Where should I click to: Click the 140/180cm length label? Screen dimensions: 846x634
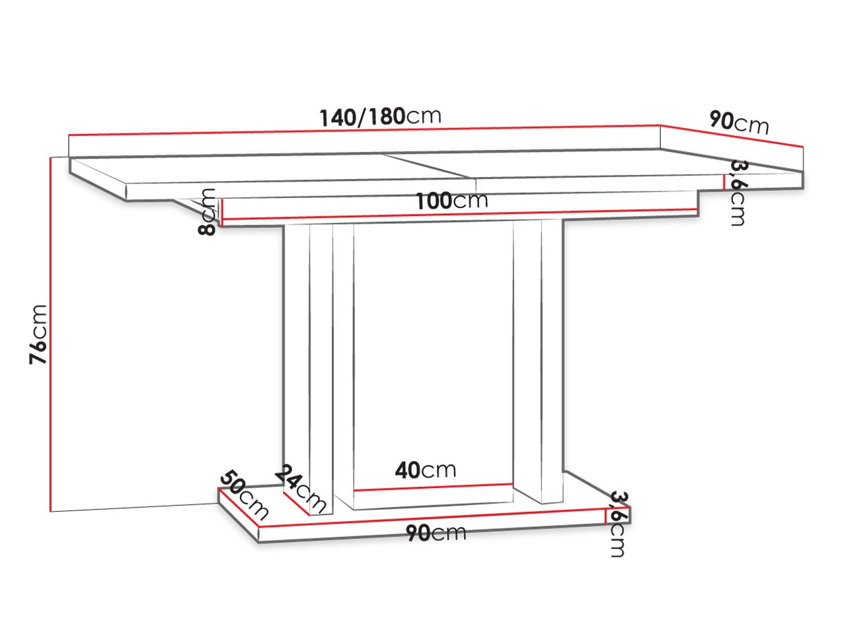pos(380,117)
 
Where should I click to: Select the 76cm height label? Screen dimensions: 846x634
pos(38,334)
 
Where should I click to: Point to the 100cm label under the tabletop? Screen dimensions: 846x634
pos(451,201)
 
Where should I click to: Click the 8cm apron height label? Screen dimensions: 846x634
pos(206,211)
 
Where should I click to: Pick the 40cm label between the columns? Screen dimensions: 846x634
pos(425,470)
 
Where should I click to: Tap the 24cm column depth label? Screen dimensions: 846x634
pos(301,489)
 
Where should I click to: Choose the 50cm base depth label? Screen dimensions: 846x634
pos(244,495)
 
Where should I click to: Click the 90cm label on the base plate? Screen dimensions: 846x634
pos(436,533)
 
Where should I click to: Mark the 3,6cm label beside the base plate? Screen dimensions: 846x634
pos(618,524)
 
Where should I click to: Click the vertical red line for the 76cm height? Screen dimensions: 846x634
pos(50,334)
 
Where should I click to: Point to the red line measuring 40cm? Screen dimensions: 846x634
pos(433,487)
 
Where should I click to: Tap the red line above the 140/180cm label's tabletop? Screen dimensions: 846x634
pos(364,130)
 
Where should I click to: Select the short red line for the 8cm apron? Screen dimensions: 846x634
pos(221,211)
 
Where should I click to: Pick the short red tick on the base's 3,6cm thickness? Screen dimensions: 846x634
pos(605,516)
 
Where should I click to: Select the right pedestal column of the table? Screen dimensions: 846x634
pos(539,362)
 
